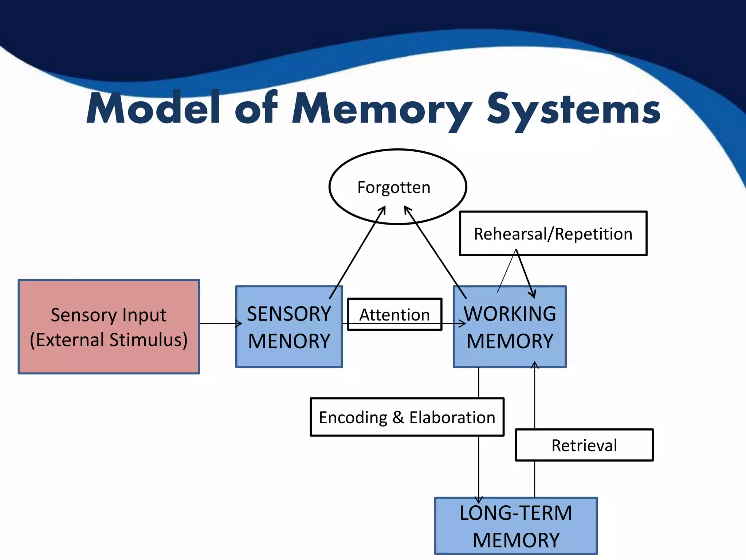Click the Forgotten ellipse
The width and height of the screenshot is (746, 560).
[397, 187]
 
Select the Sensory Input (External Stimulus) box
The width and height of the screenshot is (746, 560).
[109, 327]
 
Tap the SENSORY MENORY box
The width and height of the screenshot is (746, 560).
[289, 327]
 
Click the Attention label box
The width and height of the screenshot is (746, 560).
[394, 314]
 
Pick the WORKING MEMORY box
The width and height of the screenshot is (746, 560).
[510, 327]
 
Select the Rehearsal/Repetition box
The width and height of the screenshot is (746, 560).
[553, 234]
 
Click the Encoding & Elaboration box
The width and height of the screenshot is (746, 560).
[407, 417]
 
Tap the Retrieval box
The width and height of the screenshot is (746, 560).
[584, 445]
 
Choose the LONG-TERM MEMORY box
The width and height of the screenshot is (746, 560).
[516, 526]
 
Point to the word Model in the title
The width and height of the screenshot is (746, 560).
[153, 108]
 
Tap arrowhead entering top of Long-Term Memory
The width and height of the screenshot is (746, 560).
[479, 499]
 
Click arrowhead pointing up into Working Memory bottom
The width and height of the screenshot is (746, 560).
[534, 365]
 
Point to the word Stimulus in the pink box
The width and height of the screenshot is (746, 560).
[148, 340]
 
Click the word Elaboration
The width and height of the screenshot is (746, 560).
[452, 417]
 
